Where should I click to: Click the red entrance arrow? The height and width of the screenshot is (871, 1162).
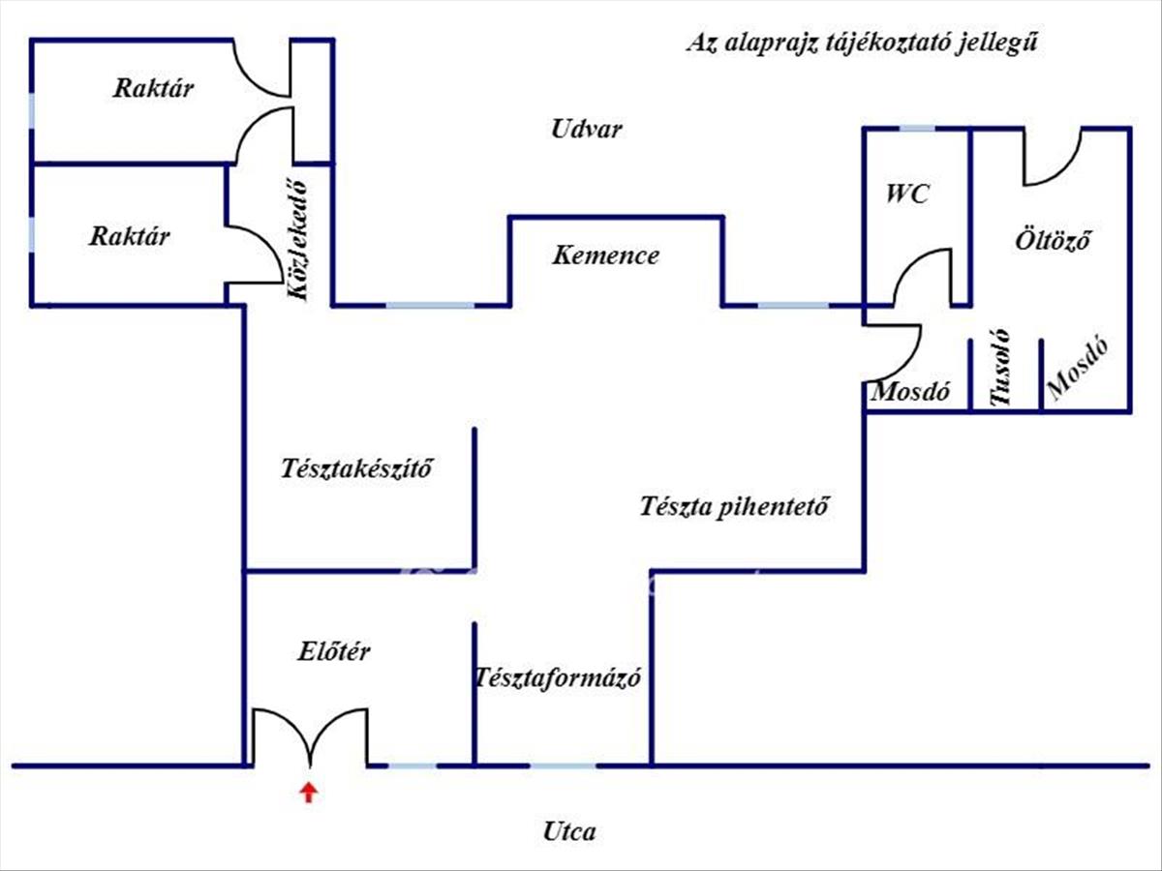(308, 793)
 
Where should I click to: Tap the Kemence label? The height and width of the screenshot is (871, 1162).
(606, 255)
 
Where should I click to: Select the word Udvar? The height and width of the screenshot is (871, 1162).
(587, 129)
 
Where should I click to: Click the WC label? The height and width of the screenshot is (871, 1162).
(907, 194)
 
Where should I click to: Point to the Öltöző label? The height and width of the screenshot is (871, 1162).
(1053, 239)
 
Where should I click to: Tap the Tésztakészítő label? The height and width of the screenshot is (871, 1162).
(356, 469)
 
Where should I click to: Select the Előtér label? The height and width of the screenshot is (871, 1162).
(333, 651)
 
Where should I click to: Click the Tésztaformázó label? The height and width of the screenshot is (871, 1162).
(558, 677)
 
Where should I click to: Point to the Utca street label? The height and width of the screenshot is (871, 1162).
(569, 830)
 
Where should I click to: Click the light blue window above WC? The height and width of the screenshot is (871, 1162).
(916, 128)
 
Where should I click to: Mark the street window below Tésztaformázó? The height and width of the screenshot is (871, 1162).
(564, 766)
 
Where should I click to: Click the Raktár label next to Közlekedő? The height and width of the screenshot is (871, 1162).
(130, 235)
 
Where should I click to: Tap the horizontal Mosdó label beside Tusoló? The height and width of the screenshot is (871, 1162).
(910, 393)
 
